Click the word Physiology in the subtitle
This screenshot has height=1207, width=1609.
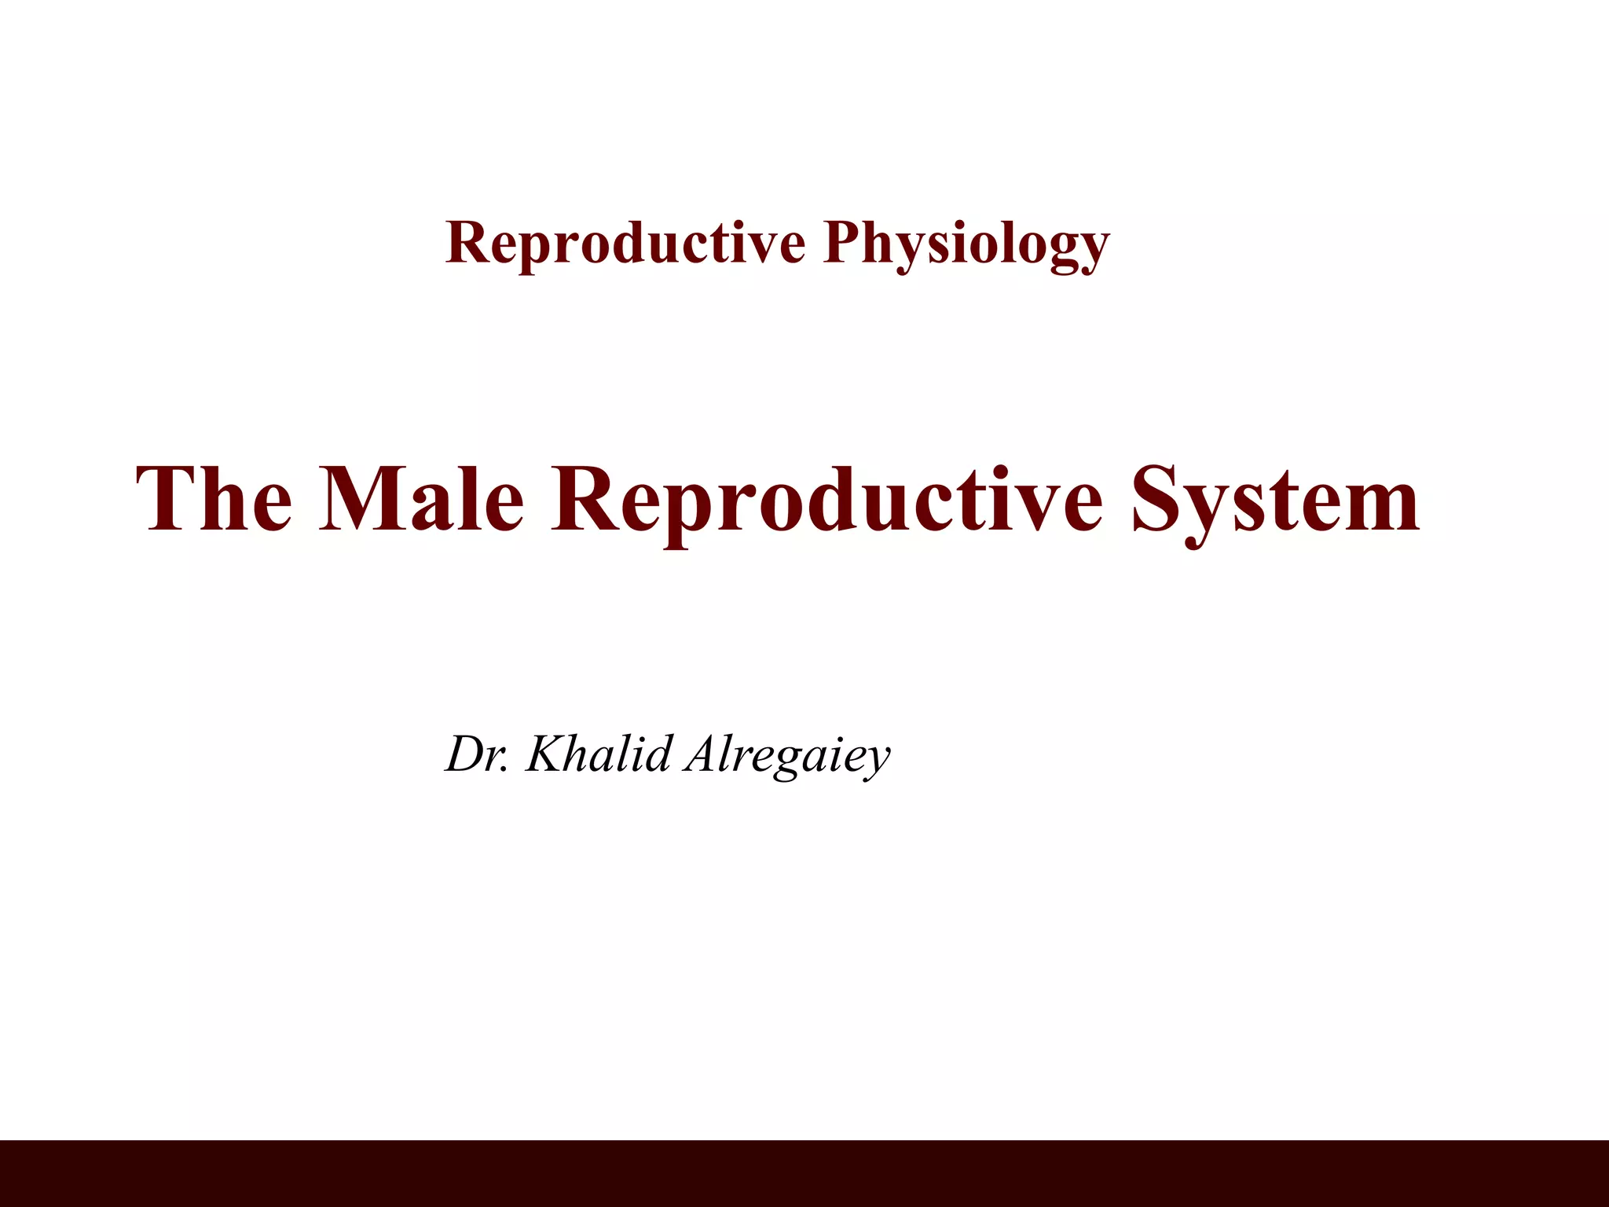point(966,244)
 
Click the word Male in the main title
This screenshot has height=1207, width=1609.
point(421,499)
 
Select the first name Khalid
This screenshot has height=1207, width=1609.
point(599,754)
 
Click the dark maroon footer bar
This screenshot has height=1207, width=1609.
point(804,1172)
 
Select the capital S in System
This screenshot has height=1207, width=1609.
point(1160,500)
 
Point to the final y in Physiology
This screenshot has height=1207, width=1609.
point(1093,250)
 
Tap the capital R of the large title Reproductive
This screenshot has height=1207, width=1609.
point(585,498)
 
